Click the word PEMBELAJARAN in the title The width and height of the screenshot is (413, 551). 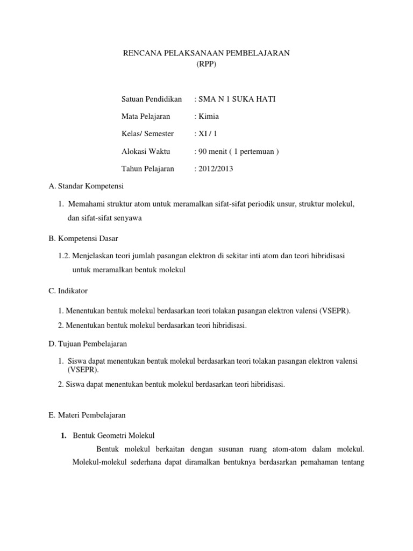pos(257,53)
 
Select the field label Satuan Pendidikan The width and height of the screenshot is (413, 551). pos(152,99)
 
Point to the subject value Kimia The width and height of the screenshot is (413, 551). pos(209,116)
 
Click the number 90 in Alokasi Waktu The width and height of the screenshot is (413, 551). pos(203,151)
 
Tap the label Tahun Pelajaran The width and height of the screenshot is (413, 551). pos(148,168)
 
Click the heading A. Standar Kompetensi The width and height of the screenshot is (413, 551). pos(87,186)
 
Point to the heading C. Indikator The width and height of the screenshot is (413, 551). pos(68,291)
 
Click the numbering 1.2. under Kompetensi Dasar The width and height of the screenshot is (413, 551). pos(65,256)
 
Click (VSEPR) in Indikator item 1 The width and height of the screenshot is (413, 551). pos(335,311)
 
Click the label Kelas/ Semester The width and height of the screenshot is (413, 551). pos(147,133)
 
